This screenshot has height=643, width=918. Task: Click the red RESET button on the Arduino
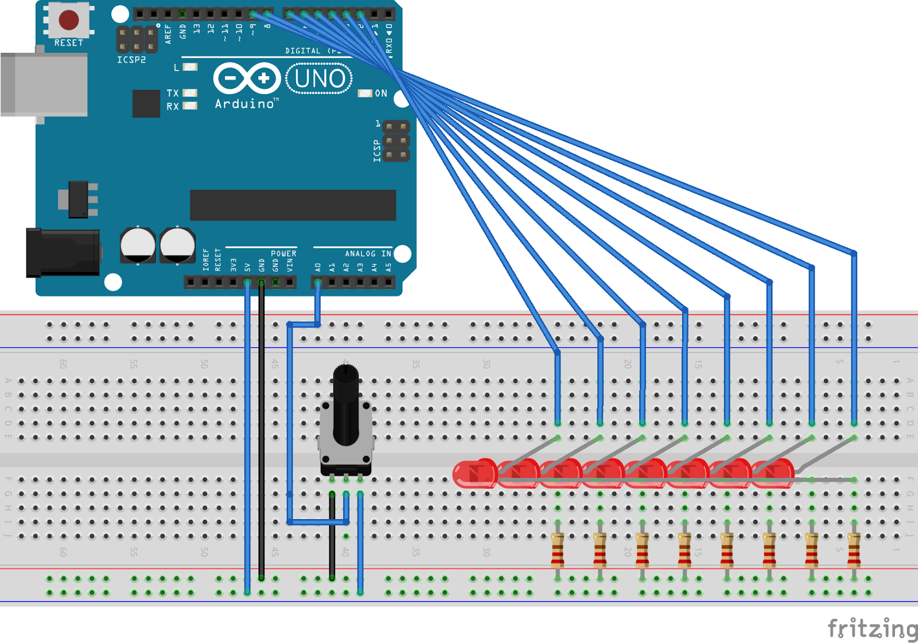(68, 20)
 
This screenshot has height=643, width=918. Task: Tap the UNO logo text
(320, 79)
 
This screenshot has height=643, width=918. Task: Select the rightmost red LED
(773, 474)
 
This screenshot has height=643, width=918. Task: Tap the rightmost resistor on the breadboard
(854, 550)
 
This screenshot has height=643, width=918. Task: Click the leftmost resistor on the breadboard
(557, 550)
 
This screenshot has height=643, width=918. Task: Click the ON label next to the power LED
(381, 93)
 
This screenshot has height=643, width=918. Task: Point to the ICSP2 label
(131, 60)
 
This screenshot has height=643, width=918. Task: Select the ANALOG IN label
(368, 254)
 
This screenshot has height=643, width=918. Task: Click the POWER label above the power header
(283, 254)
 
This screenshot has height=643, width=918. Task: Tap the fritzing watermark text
(872, 629)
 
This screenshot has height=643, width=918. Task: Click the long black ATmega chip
(293, 205)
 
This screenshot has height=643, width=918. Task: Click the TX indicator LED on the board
(190, 93)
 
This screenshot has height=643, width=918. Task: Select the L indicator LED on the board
(190, 67)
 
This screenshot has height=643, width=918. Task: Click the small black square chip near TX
(146, 103)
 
